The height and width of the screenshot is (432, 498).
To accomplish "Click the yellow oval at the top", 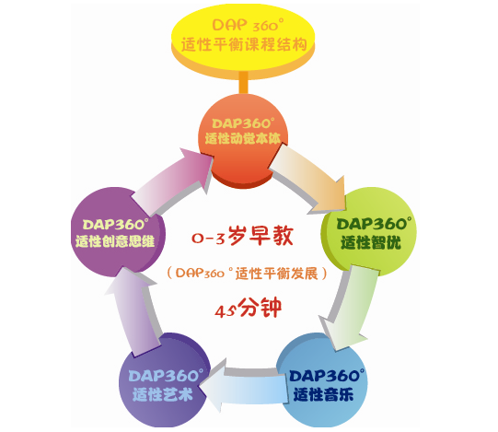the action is (x=243, y=41).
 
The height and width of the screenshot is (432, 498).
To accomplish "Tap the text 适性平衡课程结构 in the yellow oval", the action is (x=244, y=45).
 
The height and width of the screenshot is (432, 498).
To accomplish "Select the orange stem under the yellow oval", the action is (x=243, y=83).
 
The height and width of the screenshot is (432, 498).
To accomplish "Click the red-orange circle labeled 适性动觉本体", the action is (x=243, y=140).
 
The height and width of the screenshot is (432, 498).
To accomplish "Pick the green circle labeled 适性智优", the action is (x=368, y=231).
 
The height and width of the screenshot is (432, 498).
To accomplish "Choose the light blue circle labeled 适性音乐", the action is (x=322, y=380).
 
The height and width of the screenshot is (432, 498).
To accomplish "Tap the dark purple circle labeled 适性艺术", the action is (x=165, y=380).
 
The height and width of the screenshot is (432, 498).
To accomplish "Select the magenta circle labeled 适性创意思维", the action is (x=118, y=232).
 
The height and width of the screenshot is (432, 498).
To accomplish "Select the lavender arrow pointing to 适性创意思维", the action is (x=134, y=311).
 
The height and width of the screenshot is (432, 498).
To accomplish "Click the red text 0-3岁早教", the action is (x=242, y=237).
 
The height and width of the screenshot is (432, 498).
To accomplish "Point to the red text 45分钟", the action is (x=248, y=308).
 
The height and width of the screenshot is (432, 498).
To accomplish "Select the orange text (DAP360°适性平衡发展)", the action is (x=247, y=273).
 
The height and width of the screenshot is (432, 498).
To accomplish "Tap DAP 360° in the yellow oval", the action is (x=248, y=25).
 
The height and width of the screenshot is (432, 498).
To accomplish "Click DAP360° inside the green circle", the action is (x=374, y=224).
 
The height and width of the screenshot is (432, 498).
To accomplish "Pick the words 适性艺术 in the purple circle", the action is (x=162, y=395).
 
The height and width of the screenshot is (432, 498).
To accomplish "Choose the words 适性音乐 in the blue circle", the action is (x=323, y=395).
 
